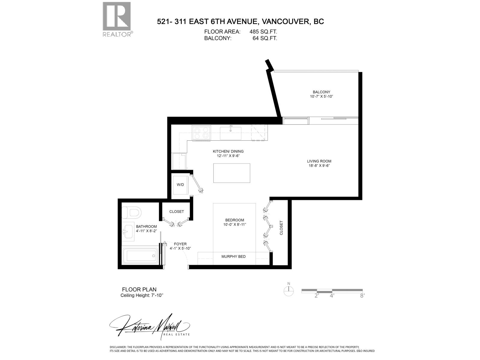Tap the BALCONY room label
point(321,92)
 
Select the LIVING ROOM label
point(319,161)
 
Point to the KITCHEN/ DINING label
point(228,151)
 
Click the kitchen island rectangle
point(232,173)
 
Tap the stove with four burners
point(201,133)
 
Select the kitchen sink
point(230,133)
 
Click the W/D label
point(180,185)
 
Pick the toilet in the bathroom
point(131,213)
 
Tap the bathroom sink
point(128,232)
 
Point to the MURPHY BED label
point(233,256)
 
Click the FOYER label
point(180,244)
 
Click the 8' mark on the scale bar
point(362,295)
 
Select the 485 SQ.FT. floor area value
point(263,31)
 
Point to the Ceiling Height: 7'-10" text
point(142,295)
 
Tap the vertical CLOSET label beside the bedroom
point(281,228)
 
